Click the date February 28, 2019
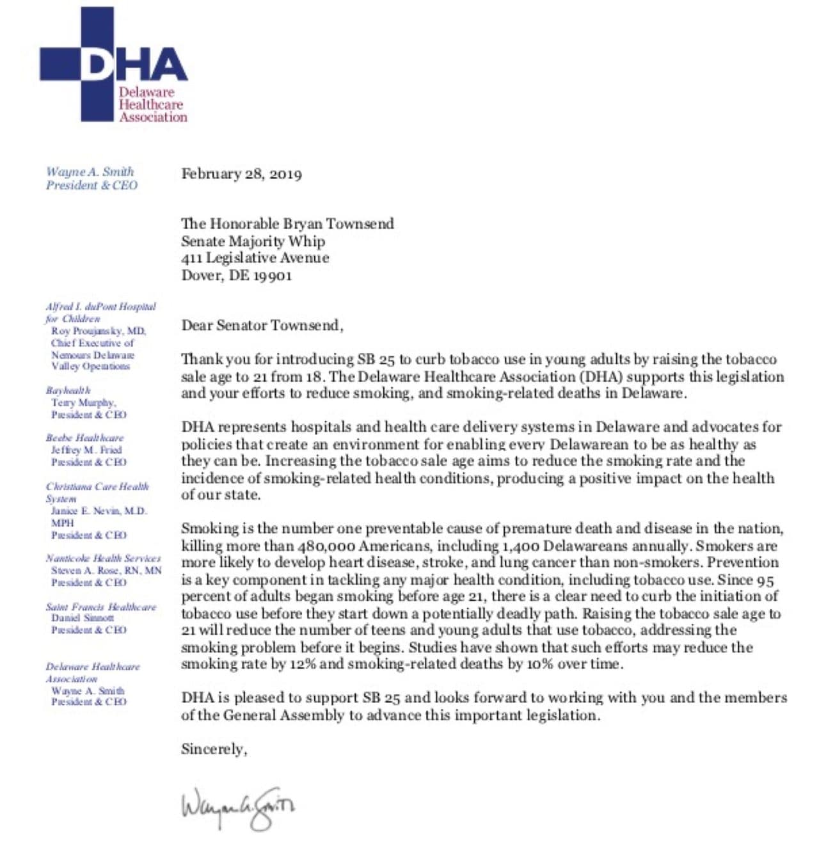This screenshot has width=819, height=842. pos(241,174)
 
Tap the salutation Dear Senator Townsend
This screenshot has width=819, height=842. pos(262,325)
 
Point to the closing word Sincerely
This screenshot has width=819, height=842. pos(214,749)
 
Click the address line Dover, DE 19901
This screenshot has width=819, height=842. pos(236,276)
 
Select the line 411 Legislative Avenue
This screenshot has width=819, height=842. pos(255,258)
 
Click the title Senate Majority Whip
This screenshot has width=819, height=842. pos(253,241)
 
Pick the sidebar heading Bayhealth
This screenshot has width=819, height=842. pos(68,390)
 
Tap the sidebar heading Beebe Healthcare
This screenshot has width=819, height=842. pos(84,438)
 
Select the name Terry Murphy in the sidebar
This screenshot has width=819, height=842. pos(83,402)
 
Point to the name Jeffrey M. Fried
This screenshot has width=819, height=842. pos(86,450)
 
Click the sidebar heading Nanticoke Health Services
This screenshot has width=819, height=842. pos(103,558)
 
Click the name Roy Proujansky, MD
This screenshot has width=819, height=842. pos(99,331)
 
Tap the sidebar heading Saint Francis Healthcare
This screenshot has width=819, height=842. pos(100,607)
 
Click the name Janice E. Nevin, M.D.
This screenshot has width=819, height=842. pos(99,511)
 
